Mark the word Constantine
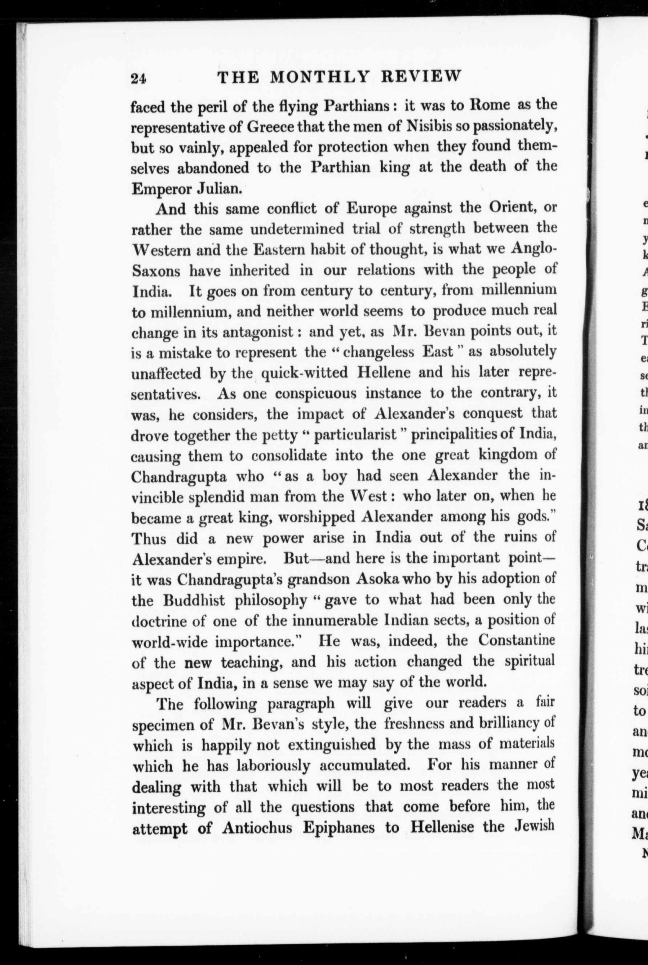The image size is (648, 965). click(x=516, y=641)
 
